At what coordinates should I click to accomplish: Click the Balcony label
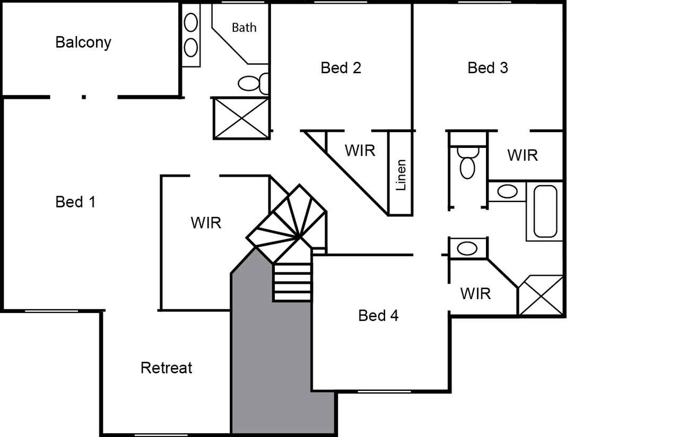[83, 42]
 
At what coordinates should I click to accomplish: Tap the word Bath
[244, 28]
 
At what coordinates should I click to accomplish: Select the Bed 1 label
[75, 202]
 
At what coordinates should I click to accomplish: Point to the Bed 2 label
[341, 68]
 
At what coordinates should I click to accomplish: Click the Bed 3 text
[488, 68]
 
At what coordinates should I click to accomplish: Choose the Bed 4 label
[378, 316]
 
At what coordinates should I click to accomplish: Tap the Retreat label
[166, 368]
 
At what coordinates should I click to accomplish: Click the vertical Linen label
[401, 175]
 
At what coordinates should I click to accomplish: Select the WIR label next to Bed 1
[206, 223]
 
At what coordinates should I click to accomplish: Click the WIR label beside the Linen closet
[360, 151]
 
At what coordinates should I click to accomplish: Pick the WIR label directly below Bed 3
[523, 155]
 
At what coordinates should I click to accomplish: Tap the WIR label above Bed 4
[475, 294]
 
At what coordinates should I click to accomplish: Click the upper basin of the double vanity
[190, 22]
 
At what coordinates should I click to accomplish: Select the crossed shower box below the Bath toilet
[241, 118]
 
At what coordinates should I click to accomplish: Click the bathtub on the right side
[545, 211]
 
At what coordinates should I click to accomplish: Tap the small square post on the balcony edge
[84, 97]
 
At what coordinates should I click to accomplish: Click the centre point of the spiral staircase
[300, 237]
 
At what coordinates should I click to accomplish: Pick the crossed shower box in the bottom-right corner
[541, 295]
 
